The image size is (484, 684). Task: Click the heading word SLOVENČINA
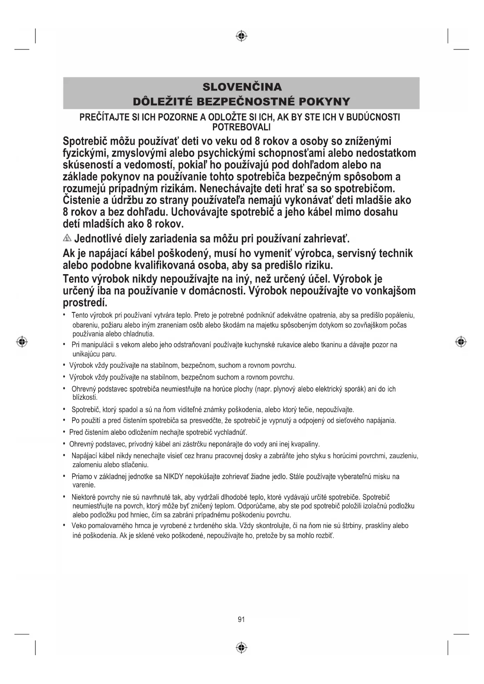[242, 87]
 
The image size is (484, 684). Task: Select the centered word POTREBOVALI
[241, 127]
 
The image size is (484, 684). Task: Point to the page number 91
[241, 619]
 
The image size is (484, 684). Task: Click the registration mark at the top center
[241, 36]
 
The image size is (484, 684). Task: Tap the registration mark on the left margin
[22, 342]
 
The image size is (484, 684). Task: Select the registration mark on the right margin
[461, 342]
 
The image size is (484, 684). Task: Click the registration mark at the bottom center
[241, 647]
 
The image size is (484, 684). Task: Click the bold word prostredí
[85, 303]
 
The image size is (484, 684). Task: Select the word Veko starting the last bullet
[79, 526]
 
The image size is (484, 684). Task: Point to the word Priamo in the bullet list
[81, 476]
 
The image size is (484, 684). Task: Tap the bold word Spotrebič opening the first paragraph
[85, 141]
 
